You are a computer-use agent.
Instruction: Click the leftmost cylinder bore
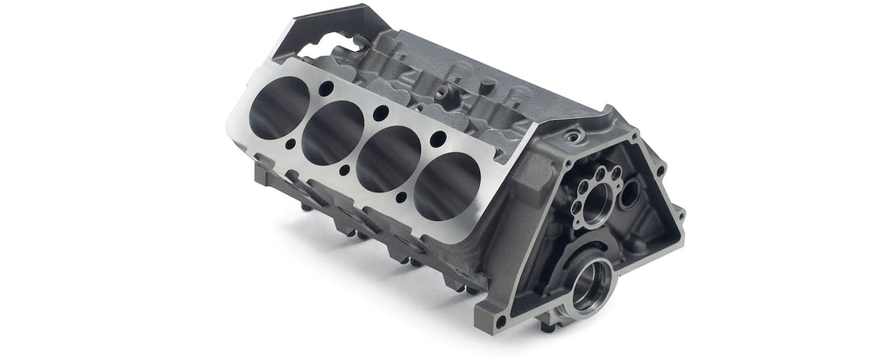click(279, 108)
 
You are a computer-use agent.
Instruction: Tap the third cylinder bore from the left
click(388, 159)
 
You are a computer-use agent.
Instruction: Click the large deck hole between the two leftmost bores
click(326, 88)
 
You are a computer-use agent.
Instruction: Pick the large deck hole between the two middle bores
click(380, 113)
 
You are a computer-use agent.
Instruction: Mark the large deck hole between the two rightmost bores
click(437, 139)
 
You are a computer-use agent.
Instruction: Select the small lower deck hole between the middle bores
click(344, 170)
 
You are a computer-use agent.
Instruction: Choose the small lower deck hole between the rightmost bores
click(400, 198)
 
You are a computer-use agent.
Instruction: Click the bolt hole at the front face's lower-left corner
click(500, 321)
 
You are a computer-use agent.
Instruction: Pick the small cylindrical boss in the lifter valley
click(445, 94)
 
